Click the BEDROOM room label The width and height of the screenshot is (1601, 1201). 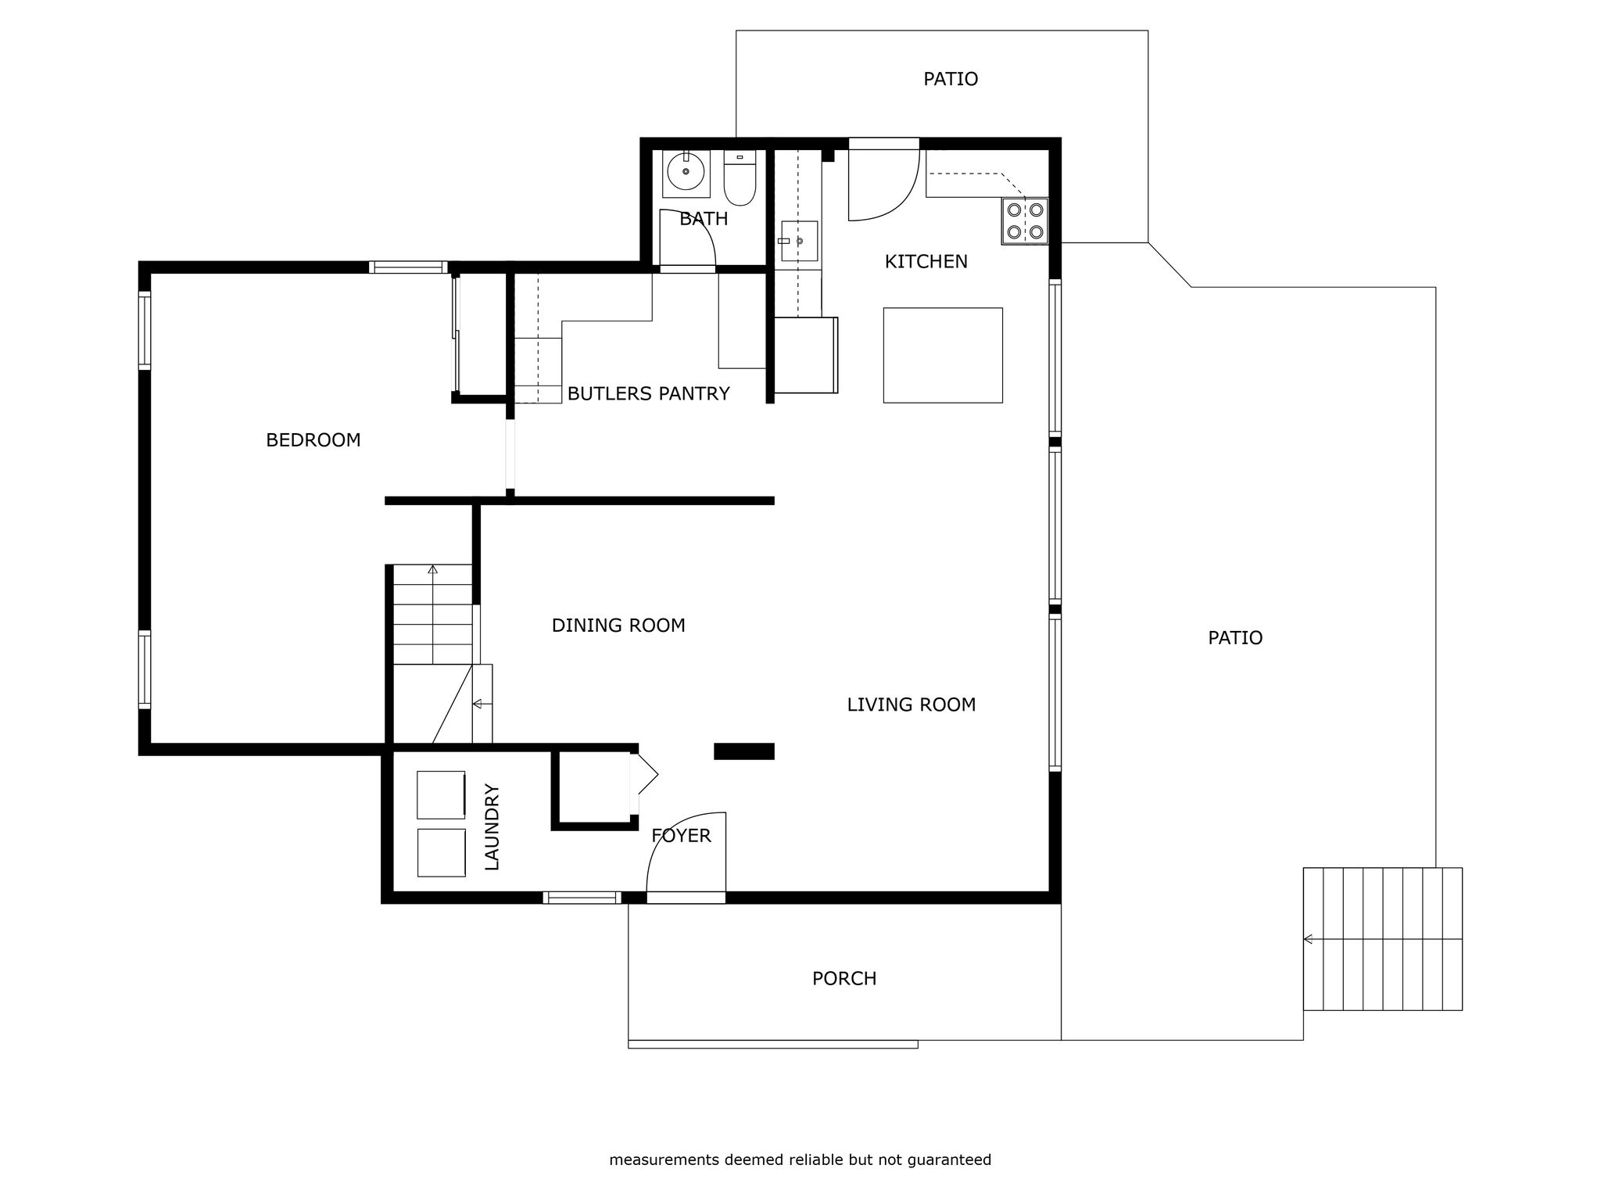pos(313,440)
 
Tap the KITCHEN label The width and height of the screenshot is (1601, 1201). pos(926,262)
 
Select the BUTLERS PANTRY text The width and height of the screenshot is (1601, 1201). pos(649,394)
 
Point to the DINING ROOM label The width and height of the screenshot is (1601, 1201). pos(618,626)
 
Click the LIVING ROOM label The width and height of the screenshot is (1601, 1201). pos(912,704)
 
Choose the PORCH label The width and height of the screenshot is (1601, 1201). pos(844,979)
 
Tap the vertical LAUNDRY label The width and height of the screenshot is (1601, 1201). pos(492,827)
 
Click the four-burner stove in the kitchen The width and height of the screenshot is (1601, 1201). pos(1025,221)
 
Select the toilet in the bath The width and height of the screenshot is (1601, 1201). pos(740,178)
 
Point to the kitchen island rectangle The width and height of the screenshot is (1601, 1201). pos(943,355)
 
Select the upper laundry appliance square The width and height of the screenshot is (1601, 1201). pos(442,794)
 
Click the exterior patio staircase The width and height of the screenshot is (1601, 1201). pos(1382,939)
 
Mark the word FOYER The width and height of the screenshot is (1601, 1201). pos(681,836)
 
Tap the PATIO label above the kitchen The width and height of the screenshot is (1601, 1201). pos(951,79)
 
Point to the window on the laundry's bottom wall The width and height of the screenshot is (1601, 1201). pos(582,898)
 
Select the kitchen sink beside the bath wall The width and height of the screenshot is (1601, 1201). pos(798,241)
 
